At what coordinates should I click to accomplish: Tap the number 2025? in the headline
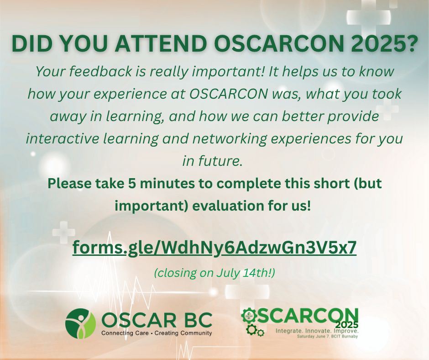pyautogui.click(x=378, y=44)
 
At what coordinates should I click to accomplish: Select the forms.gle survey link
pyautogui.click(x=214, y=248)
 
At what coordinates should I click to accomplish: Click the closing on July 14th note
pyautogui.click(x=214, y=273)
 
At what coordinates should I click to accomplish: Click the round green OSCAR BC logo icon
pyautogui.click(x=80, y=323)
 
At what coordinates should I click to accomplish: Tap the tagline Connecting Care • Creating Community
pyautogui.click(x=157, y=334)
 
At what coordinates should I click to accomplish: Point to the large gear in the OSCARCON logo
pyautogui.click(x=249, y=316)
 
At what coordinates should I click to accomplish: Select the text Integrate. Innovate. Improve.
pyautogui.click(x=317, y=331)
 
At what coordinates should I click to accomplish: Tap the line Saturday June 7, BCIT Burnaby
pyautogui.click(x=328, y=336)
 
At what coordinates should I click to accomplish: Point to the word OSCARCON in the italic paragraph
pyautogui.click(x=229, y=94)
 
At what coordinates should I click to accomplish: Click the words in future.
pyautogui.click(x=213, y=161)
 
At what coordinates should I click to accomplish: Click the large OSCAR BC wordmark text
pyautogui.click(x=157, y=320)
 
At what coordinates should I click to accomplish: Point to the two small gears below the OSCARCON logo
pyautogui.click(x=255, y=330)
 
